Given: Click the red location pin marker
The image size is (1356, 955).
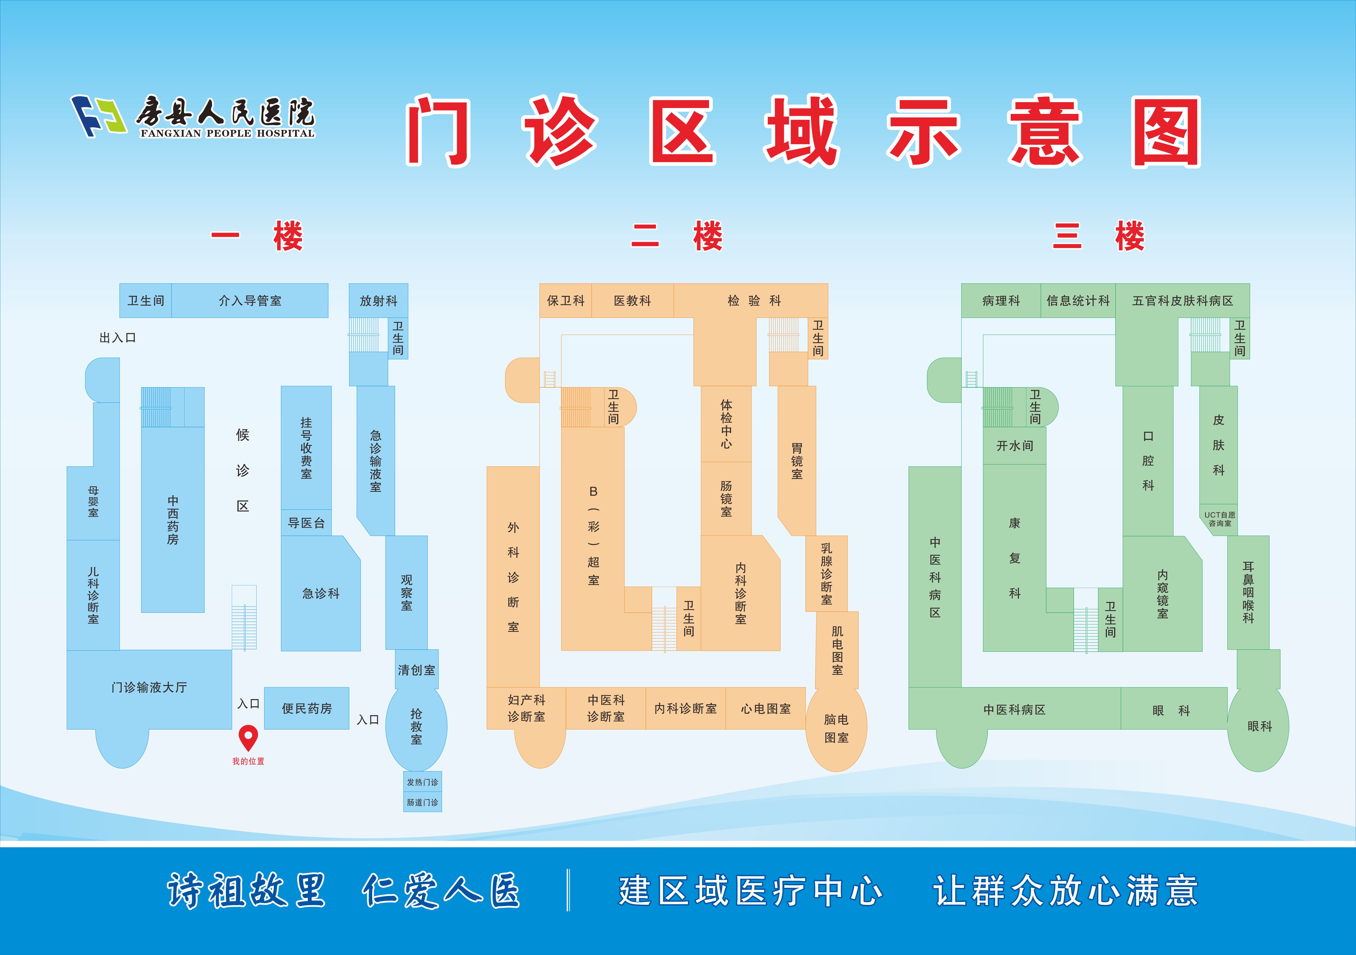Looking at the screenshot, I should [248, 736].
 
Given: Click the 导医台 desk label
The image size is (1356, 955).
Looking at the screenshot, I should [306, 523].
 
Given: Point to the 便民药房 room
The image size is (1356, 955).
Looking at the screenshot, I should [307, 708].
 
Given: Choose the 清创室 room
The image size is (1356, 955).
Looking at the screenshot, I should [416, 670].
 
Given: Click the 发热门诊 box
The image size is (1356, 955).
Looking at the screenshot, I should [422, 782].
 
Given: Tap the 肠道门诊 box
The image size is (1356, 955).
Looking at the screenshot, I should [422, 802].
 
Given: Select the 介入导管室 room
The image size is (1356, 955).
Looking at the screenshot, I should [250, 301].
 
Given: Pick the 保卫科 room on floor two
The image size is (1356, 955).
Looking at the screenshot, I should [565, 301].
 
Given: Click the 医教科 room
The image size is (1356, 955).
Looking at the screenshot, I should [632, 301].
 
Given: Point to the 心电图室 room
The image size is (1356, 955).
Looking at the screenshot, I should [766, 708].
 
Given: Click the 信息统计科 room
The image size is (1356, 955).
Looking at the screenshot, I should [1078, 301].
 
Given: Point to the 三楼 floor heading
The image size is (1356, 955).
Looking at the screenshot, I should [1099, 236].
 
